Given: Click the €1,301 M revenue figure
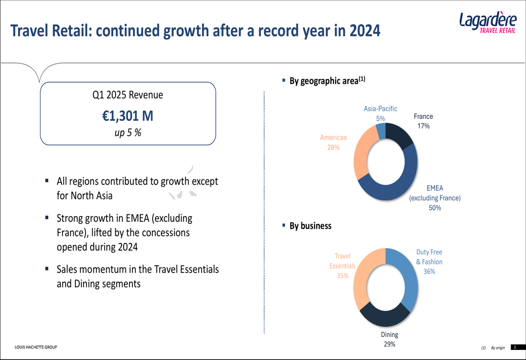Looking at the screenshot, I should tap(128, 115).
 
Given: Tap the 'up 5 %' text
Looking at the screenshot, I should tap(128, 132).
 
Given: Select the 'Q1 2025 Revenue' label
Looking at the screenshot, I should tap(128, 95).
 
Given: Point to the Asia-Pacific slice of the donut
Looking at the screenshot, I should tap(381, 131).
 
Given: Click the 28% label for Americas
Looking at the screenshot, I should tap(333, 148).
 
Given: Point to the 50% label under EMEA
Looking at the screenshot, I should tap(434, 208).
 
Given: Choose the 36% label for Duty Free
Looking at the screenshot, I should tap(429, 272).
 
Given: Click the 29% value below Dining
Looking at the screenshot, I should tap(389, 344).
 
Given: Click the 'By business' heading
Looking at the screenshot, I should tap(310, 226).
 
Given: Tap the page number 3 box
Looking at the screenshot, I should tap(514, 347).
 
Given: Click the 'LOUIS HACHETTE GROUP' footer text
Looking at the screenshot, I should tap(36, 347).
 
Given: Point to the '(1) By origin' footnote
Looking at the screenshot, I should tap(493, 348).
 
